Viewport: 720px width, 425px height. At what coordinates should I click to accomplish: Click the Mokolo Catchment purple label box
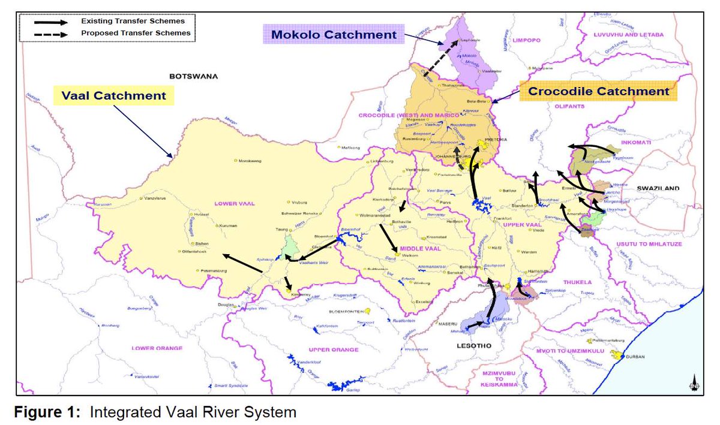point(334,35)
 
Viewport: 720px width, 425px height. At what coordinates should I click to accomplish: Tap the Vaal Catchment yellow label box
point(114,95)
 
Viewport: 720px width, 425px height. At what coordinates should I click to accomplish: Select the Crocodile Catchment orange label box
point(598,92)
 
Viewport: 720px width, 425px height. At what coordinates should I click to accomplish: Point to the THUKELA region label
point(578,282)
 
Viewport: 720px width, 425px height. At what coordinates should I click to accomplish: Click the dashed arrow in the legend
point(52,34)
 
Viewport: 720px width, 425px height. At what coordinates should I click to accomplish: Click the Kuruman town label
point(228,226)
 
